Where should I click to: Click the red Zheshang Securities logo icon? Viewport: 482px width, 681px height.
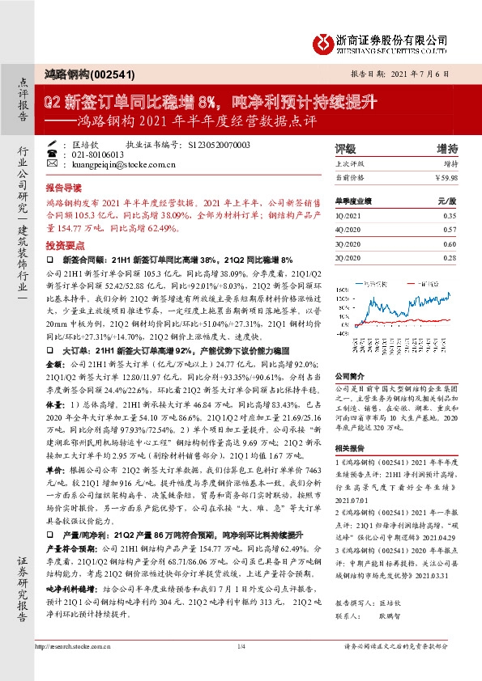pos(324,40)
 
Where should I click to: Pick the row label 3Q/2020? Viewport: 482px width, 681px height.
pos(348,243)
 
